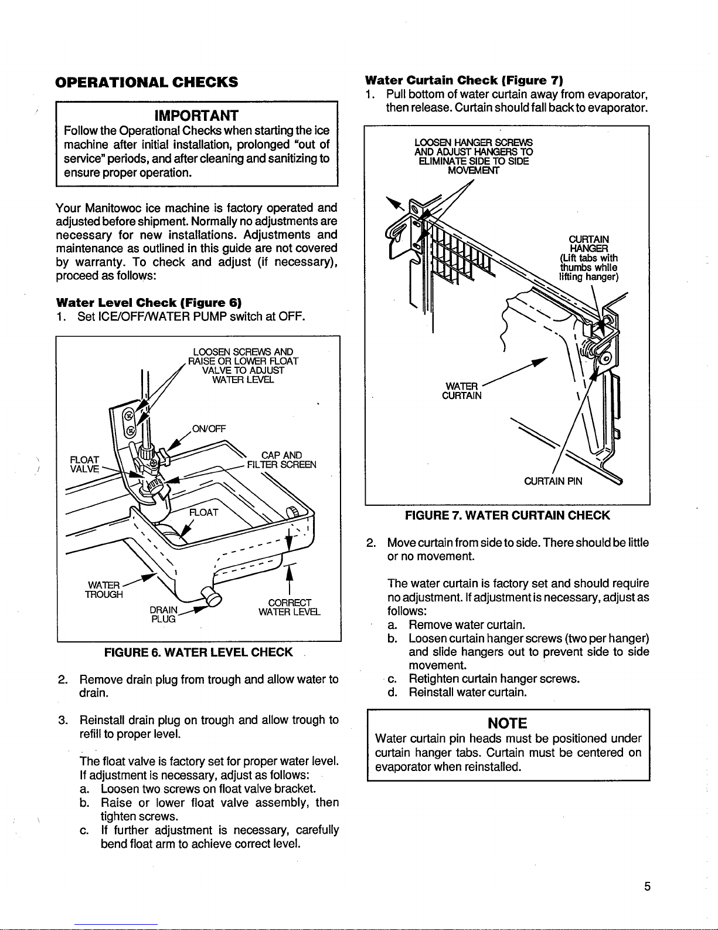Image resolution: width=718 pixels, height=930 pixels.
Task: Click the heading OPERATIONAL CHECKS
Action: [x=147, y=82]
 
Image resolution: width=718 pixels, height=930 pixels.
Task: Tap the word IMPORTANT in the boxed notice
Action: [x=196, y=116]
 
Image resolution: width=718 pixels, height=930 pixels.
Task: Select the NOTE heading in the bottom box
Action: [x=508, y=723]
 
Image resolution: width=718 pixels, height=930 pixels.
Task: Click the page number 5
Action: [x=647, y=887]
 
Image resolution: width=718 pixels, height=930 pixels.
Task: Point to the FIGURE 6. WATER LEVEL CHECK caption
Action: [x=198, y=652]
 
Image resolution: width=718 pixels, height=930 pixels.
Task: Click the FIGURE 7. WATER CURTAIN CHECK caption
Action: [x=508, y=515]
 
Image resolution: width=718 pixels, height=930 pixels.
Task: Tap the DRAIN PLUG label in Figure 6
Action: [x=164, y=614]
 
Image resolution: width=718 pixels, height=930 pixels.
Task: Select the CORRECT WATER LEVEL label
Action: [x=290, y=607]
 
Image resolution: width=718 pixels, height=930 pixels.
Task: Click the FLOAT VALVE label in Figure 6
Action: [x=84, y=464]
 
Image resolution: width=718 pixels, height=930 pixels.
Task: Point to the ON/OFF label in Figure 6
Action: [x=209, y=429]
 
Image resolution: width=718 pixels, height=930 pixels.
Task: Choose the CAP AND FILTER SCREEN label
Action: [x=282, y=460]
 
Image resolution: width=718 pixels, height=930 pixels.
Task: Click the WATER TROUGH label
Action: [x=104, y=590]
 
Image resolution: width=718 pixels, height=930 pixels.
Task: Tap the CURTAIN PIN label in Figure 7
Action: [x=553, y=481]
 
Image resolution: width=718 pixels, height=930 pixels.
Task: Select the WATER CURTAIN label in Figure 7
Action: [x=462, y=391]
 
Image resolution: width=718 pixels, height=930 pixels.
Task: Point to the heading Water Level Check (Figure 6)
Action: [x=149, y=303]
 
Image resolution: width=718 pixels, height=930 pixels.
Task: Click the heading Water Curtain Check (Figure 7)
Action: [x=464, y=80]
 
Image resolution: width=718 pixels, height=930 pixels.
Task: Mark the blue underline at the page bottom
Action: [x=116, y=925]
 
